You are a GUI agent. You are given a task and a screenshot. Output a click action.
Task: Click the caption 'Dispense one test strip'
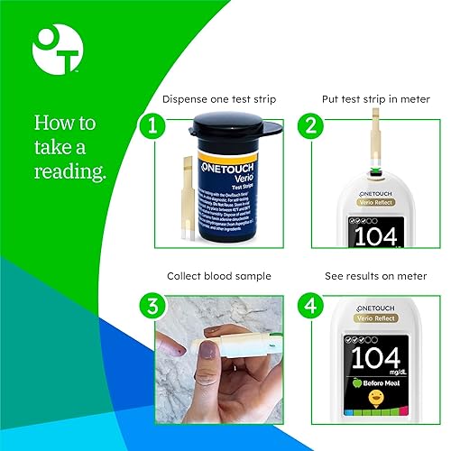click(x=218, y=98)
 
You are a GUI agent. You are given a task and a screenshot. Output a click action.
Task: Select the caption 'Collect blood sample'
click(x=218, y=275)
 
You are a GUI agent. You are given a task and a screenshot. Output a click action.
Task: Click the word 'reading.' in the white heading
click(x=70, y=171)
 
